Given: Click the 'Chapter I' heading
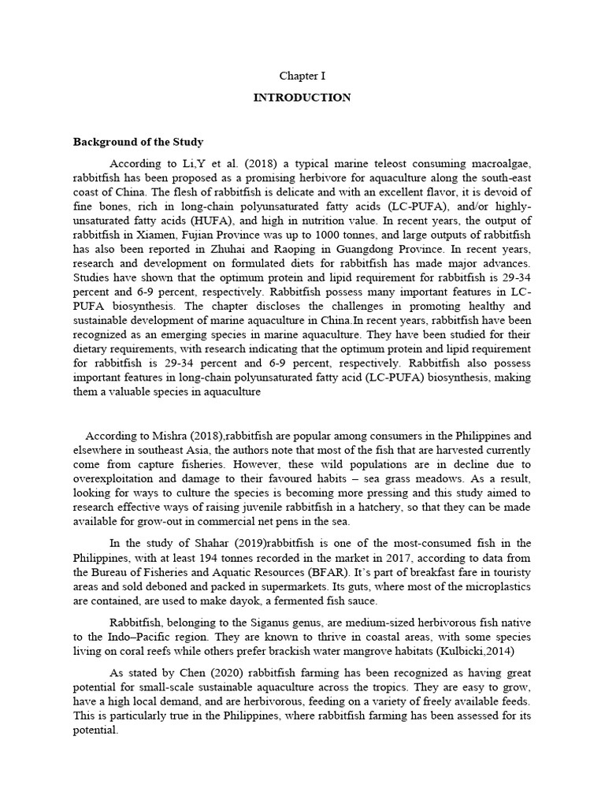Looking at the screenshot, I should [x=302, y=76].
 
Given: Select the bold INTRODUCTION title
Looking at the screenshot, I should [x=302, y=98].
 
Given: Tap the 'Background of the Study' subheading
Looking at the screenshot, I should [x=138, y=142].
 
